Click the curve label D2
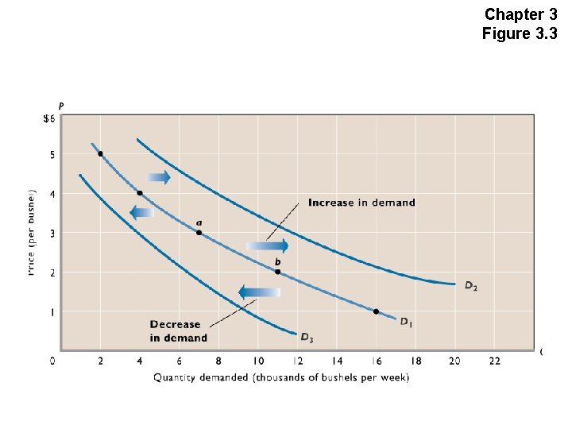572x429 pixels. [471, 285]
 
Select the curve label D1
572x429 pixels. [406, 322]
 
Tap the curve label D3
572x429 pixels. [307, 338]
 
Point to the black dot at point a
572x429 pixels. [199, 233]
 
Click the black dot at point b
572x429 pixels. [277, 272]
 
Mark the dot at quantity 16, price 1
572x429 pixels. [376, 311]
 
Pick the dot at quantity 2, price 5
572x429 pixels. [100, 154]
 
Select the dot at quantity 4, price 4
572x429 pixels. [140, 193]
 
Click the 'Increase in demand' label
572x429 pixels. [361, 203]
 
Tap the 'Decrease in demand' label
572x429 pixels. [179, 331]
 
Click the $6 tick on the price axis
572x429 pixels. [49, 118]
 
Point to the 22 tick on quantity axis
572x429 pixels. [494, 361]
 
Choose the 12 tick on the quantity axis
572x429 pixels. [297, 361]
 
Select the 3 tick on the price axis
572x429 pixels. [52, 233]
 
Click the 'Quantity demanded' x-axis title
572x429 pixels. [281, 378]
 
